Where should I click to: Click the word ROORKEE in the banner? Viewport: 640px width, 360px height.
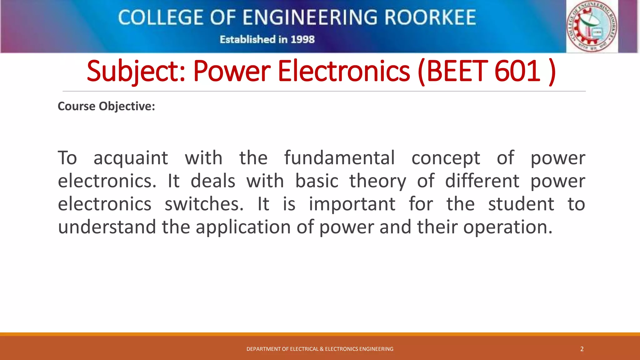pos(430,17)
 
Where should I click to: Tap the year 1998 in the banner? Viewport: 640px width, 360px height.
pos(302,40)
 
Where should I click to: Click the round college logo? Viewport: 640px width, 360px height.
pos(592,26)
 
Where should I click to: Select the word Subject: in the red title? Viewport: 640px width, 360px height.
pos(136,72)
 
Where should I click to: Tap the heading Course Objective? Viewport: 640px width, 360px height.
pos(106,106)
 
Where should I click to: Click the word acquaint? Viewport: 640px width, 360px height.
pos(131,158)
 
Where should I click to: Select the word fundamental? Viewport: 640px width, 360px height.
pos(339,158)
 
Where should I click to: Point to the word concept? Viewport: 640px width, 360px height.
pos(446,158)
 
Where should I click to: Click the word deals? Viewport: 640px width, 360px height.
pos(213,181)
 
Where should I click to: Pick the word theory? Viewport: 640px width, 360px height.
pos(377,181)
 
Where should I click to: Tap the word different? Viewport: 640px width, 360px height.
pos(482,181)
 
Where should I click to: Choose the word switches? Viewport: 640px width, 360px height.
pos(204,204)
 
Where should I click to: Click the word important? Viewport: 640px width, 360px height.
pos(352,204)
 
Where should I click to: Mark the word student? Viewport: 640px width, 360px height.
pos(521,204)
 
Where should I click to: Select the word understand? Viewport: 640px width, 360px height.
pos(107,227)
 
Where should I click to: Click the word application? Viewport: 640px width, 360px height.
pos(243,227)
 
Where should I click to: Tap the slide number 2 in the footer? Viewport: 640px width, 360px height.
pos(582,349)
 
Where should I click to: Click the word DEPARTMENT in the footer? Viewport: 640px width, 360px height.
pos(263,349)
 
